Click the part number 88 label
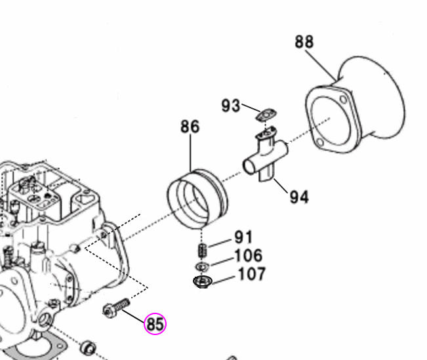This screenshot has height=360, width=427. click(x=304, y=42)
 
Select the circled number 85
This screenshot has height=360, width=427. click(x=155, y=324)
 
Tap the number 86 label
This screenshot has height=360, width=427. click(x=190, y=127)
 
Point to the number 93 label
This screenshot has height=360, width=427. click(x=230, y=106)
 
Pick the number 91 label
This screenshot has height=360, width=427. click(x=243, y=237)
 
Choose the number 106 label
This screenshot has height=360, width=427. click(x=248, y=255)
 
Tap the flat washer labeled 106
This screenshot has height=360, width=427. click(x=201, y=267)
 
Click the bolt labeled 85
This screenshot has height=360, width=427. click(x=116, y=308)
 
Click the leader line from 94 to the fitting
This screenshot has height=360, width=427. click(x=282, y=185)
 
